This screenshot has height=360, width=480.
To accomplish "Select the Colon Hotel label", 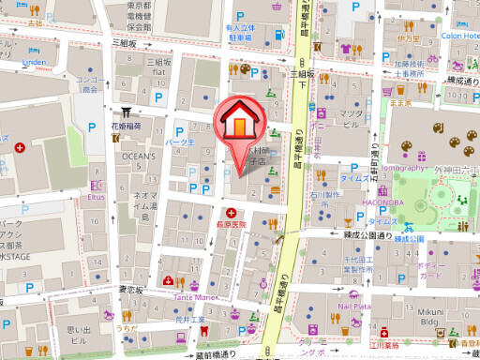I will (x=459, y=37).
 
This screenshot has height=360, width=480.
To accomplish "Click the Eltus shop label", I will (x=96, y=198).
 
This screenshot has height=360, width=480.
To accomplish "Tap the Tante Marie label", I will (x=193, y=296).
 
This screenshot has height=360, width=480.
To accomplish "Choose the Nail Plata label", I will (x=356, y=306).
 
